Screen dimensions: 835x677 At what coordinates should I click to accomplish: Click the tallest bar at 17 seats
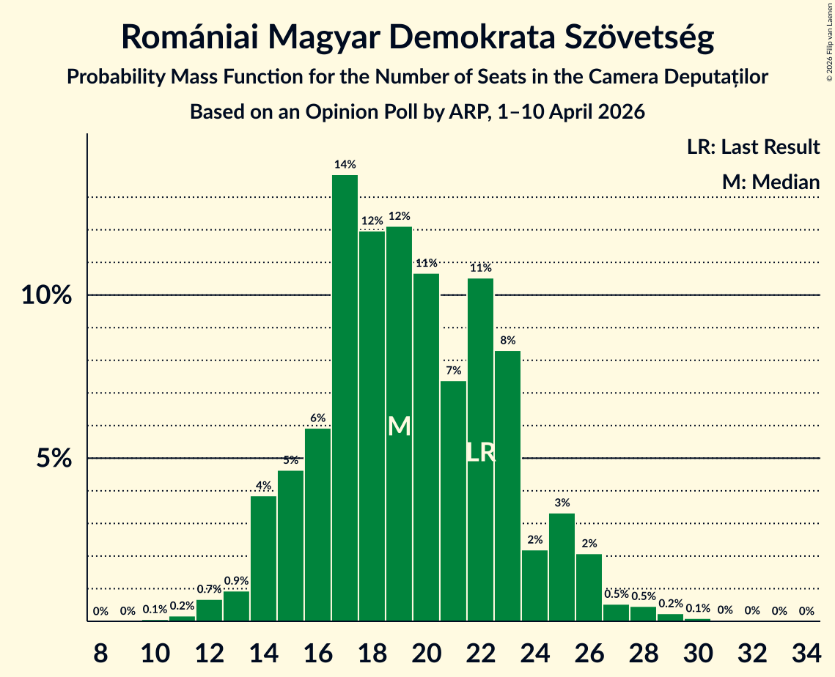345,398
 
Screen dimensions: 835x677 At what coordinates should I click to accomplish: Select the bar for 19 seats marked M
399,423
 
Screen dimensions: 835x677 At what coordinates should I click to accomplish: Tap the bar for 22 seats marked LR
480,450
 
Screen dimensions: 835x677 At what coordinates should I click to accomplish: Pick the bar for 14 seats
263,558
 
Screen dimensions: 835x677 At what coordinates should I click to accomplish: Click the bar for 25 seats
562,567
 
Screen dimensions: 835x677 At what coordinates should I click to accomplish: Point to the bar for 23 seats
507,486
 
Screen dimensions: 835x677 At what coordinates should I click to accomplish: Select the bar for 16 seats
317,525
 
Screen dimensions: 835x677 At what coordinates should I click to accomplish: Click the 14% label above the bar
345,164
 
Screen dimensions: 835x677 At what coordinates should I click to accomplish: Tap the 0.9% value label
237,581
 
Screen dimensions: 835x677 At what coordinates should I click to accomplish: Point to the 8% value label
507,340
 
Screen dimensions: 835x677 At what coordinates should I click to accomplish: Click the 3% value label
562,503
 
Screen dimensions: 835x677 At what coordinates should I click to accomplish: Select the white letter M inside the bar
400,426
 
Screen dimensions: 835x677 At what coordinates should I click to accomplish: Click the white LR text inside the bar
481,452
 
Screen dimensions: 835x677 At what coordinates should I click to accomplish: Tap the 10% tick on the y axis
46,295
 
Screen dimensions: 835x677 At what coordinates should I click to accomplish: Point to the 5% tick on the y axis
54,458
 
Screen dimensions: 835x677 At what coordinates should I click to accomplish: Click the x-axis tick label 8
100,653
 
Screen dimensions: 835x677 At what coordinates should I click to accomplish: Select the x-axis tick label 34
806,653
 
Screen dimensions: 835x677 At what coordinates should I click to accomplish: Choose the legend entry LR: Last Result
753,147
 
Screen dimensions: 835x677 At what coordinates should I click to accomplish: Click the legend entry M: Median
770,182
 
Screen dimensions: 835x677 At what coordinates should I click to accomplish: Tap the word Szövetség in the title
639,37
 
